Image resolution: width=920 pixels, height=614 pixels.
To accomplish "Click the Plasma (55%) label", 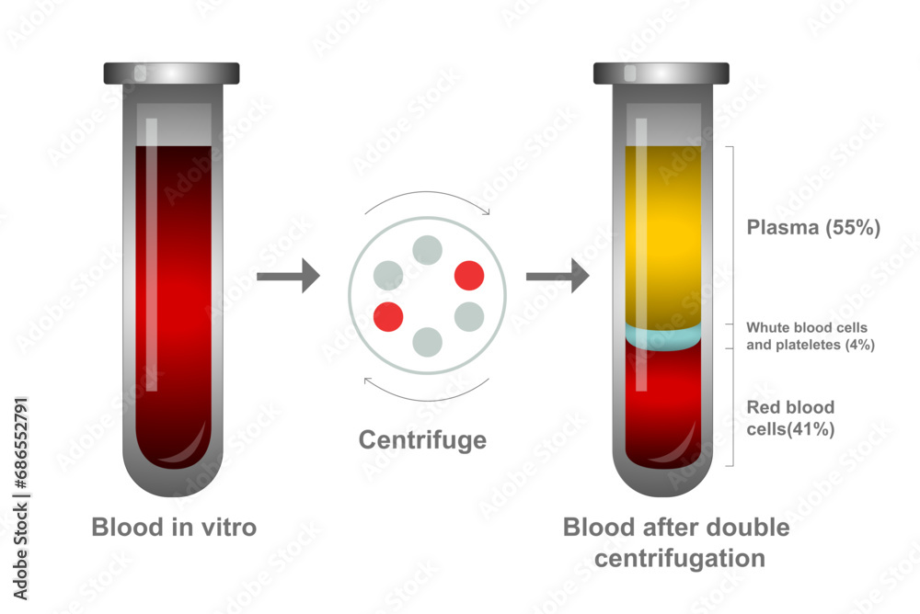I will pyautogui.click(x=813, y=228).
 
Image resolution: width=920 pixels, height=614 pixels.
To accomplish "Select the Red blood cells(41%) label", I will pyautogui.click(x=790, y=418).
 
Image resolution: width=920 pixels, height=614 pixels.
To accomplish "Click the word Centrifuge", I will pyautogui.click(x=422, y=440).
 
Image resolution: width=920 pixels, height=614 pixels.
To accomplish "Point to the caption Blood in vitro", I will pyautogui.click(x=174, y=528).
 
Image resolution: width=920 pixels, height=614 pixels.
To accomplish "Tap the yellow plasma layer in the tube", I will pyautogui.click(x=662, y=230).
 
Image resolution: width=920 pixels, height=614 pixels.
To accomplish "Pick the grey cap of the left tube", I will pyautogui.click(x=172, y=73).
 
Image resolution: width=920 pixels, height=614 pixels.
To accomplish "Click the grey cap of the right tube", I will pyautogui.click(x=661, y=73).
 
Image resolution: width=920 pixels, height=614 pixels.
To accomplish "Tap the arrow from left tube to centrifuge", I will pyautogui.click(x=287, y=275).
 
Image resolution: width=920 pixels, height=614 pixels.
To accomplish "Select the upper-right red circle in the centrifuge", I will pyautogui.click(x=469, y=275).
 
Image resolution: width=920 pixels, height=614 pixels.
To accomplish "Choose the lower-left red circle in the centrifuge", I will pyautogui.click(x=388, y=316).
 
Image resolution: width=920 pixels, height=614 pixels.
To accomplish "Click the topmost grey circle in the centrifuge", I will pyautogui.click(x=427, y=249).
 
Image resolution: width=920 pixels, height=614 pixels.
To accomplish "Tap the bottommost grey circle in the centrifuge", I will pyautogui.click(x=428, y=342).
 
